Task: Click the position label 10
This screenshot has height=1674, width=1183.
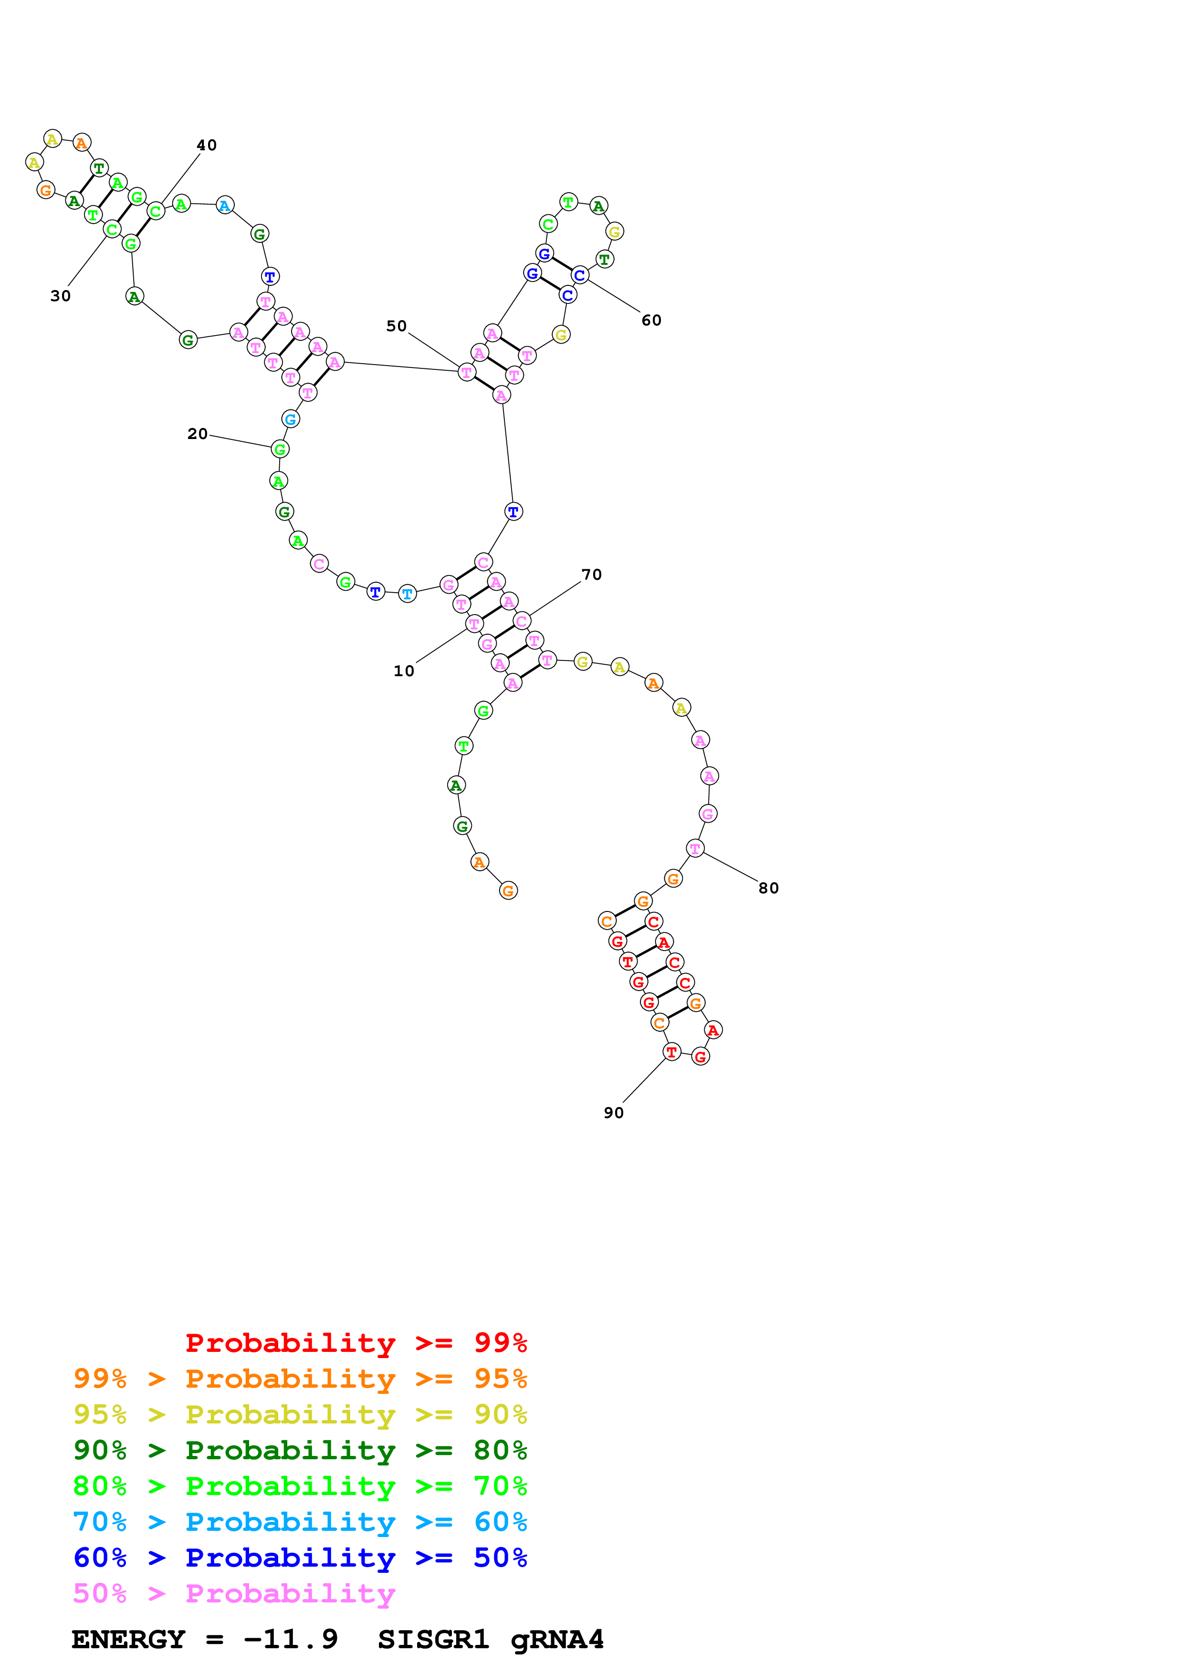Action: pos(404,671)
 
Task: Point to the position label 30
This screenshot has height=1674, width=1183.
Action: pos(61,296)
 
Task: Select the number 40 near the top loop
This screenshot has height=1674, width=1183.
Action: pos(207,145)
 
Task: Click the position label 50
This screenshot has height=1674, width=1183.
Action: pos(397,326)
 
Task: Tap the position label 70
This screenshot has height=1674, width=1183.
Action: pos(592,575)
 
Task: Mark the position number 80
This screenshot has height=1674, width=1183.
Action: pos(769,888)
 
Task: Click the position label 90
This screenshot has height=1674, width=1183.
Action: pos(614,1113)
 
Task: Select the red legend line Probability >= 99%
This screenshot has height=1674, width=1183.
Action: pos(356,1342)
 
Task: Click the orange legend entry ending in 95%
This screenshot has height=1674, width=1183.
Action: pos(300,1378)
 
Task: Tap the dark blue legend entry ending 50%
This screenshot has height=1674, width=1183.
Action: pos(300,1558)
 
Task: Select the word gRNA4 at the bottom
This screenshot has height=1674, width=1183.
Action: pos(557,1639)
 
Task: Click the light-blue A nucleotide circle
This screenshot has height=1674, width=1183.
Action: pos(225,206)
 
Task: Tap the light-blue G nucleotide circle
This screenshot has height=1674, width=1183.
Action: pos(290,419)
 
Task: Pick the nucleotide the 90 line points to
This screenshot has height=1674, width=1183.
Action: pos(671,1052)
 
